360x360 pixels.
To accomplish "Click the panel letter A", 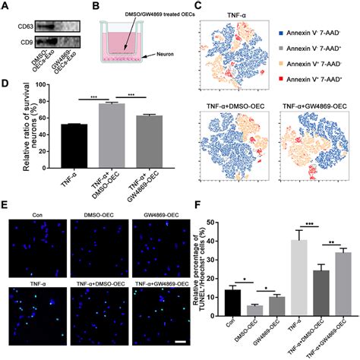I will (7, 6).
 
